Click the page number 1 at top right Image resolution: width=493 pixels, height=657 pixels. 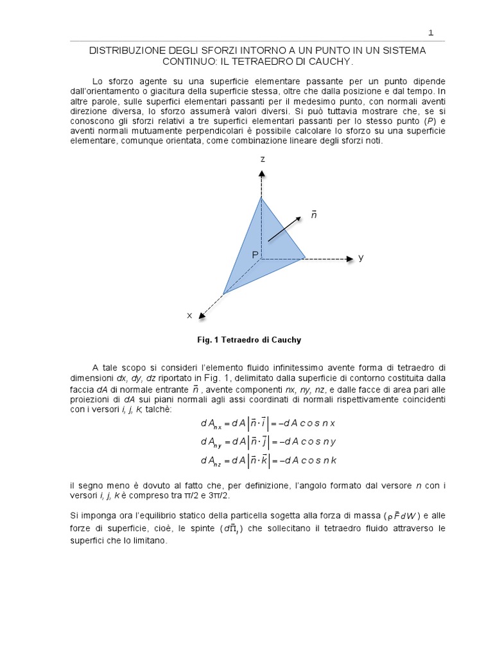pyautogui.click(x=431, y=32)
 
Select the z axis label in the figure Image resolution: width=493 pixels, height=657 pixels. pyautogui.click(x=262, y=158)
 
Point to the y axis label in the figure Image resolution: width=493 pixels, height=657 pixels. pyautogui.click(x=361, y=257)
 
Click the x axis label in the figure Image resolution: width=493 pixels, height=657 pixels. pyautogui.click(x=189, y=315)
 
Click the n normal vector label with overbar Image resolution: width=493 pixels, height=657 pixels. pyautogui.click(x=314, y=214)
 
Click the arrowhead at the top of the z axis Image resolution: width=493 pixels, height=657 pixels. pyautogui.click(x=261, y=175)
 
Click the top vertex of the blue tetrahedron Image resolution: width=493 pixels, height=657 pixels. pyautogui.click(x=261, y=197)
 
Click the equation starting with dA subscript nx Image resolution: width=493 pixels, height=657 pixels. pyautogui.click(x=268, y=424)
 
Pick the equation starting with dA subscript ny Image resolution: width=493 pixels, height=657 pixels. pyautogui.click(x=268, y=442)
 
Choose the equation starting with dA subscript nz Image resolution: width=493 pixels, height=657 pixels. pyautogui.click(x=268, y=460)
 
